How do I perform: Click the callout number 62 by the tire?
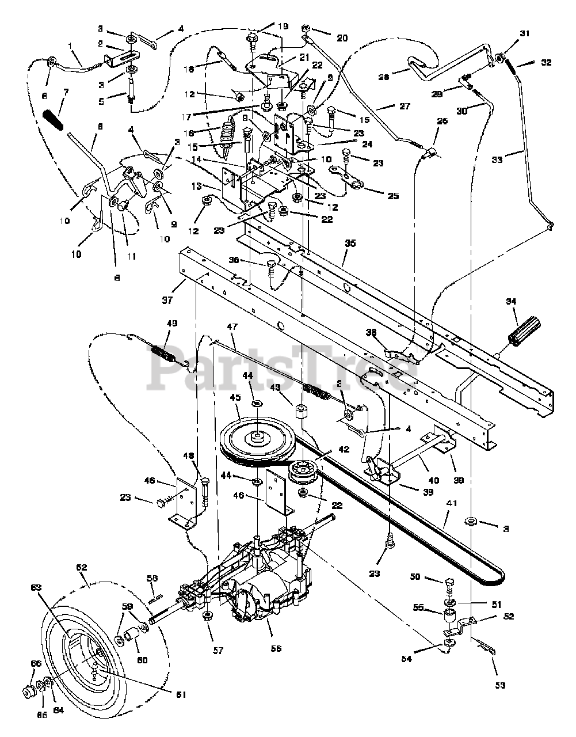pyautogui.click(x=81, y=568)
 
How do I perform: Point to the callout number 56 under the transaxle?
pyautogui.click(x=276, y=648)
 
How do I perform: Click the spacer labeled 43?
pyautogui.click(x=299, y=413)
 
